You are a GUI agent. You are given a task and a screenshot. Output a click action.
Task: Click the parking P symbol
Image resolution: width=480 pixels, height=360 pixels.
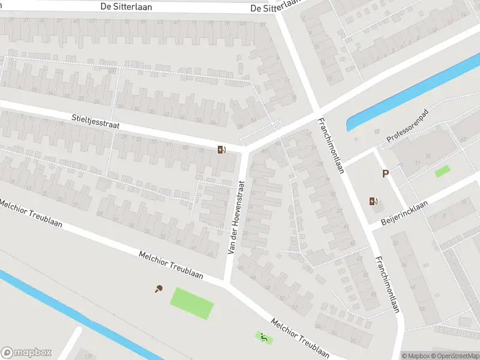coord(386,174)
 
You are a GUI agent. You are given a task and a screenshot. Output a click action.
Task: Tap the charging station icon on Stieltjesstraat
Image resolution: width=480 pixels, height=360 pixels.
coord(221,150)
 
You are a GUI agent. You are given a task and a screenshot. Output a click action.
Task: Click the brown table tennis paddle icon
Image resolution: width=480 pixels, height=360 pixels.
coord(159,289)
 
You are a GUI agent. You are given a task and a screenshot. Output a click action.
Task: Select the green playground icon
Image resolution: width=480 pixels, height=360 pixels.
coord(263,338)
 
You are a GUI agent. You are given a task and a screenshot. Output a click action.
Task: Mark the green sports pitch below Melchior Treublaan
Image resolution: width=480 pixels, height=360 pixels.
coord(193,304)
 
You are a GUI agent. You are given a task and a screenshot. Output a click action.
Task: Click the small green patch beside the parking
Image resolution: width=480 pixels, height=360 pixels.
coord(442,171)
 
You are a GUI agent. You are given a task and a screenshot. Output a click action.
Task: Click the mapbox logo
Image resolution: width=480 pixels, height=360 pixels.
coord(26,353)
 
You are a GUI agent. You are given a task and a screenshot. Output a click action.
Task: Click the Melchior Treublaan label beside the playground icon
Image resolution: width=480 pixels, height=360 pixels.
coord(300,338)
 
